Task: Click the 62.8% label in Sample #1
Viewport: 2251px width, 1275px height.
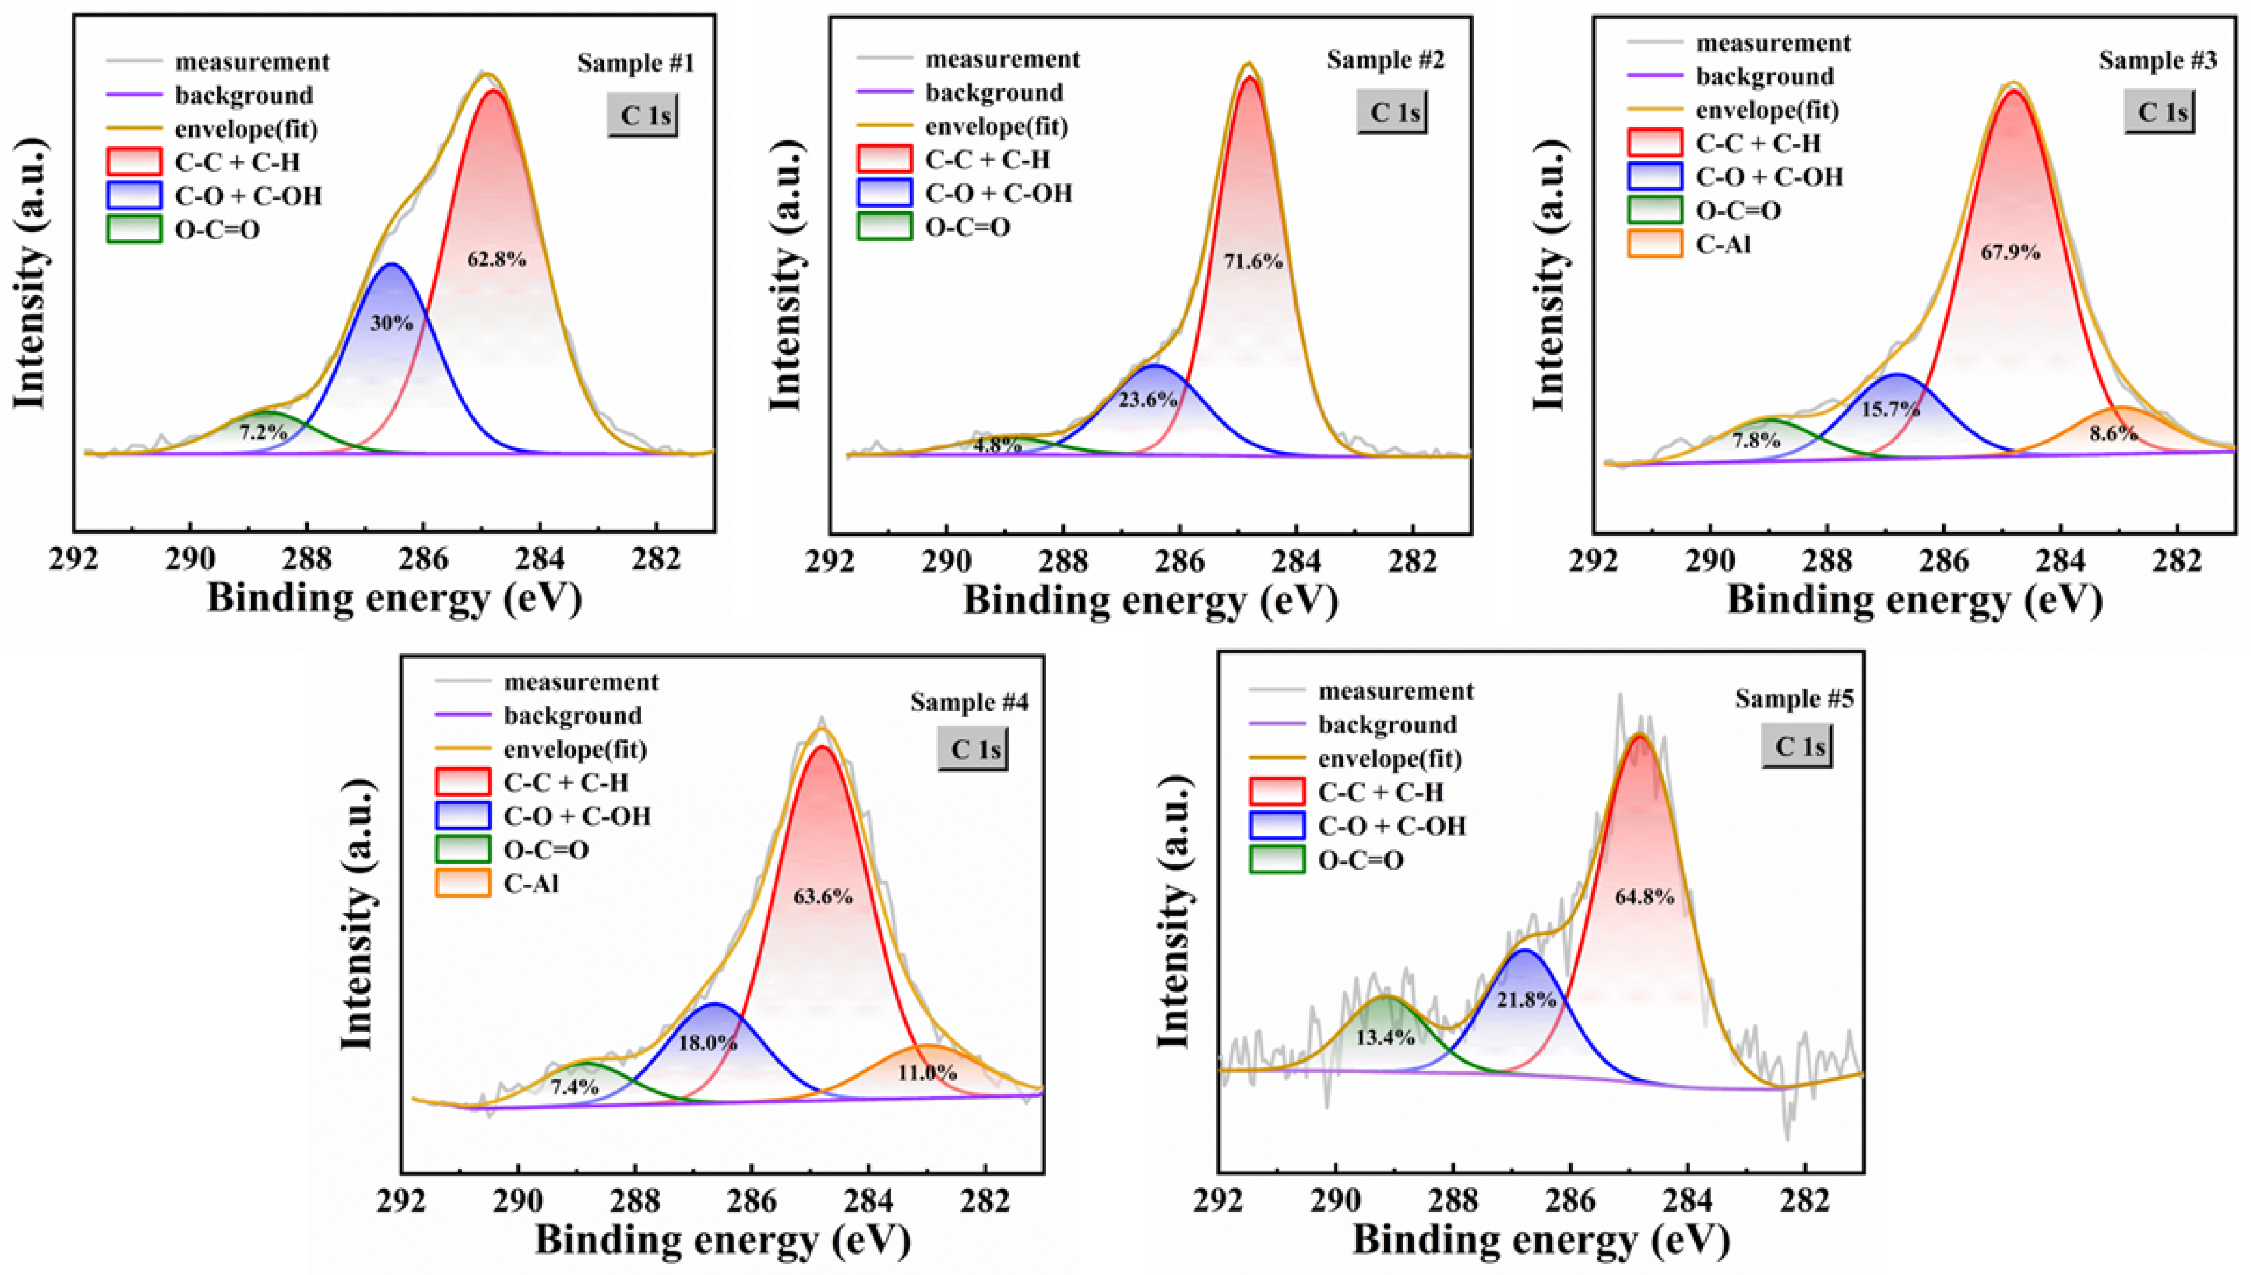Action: [497, 259]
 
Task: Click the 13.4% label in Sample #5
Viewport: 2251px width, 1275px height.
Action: [1386, 1038]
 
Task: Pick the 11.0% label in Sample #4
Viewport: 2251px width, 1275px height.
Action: [926, 1072]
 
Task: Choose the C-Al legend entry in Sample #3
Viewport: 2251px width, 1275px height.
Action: [1723, 244]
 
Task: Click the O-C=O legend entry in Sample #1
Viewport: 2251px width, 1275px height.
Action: [217, 230]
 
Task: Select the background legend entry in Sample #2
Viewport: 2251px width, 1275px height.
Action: [993, 93]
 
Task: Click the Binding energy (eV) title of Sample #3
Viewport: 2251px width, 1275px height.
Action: [1915, 601]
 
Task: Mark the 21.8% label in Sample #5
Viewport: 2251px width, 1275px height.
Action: [1526, 999]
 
